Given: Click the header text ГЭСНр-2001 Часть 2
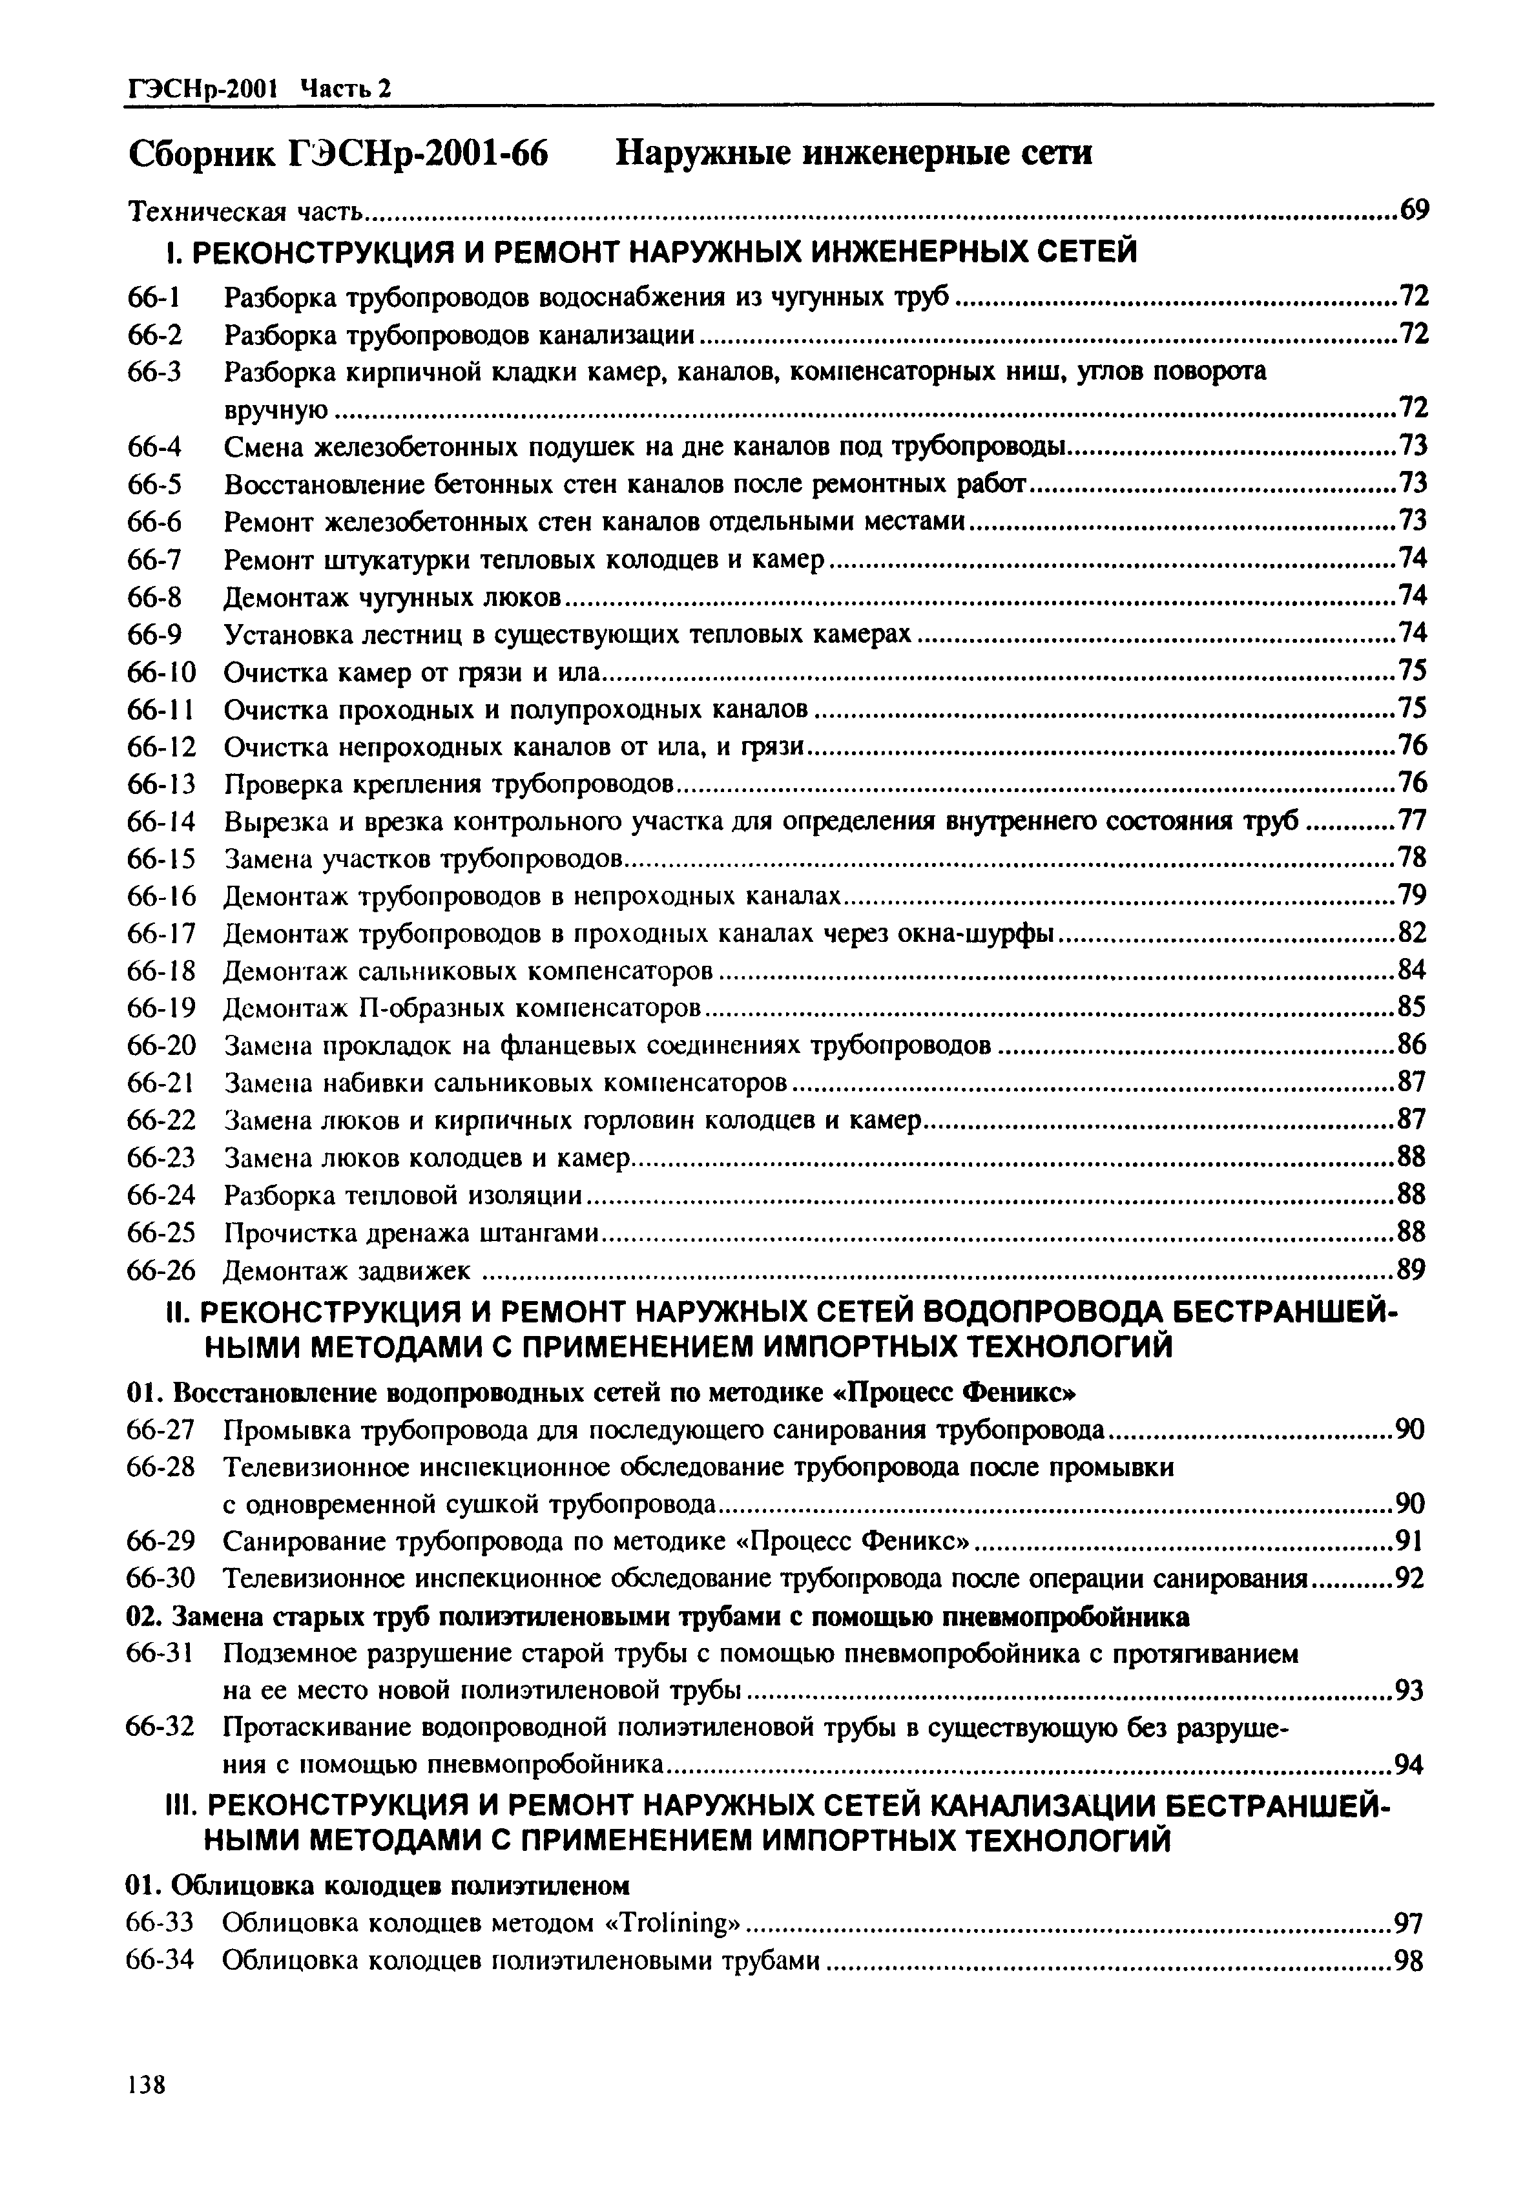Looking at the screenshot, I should pos(259,89).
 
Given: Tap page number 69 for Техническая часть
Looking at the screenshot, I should pos(1413,210).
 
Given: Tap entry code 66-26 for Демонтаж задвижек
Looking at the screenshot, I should pos(161,1271).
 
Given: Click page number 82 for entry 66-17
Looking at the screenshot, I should pos(1412,934).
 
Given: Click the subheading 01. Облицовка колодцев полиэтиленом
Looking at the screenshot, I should pos(379,1885).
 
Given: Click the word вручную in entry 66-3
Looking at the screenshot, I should pos(276,411).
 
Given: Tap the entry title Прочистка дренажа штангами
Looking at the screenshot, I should pos(411,1233).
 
